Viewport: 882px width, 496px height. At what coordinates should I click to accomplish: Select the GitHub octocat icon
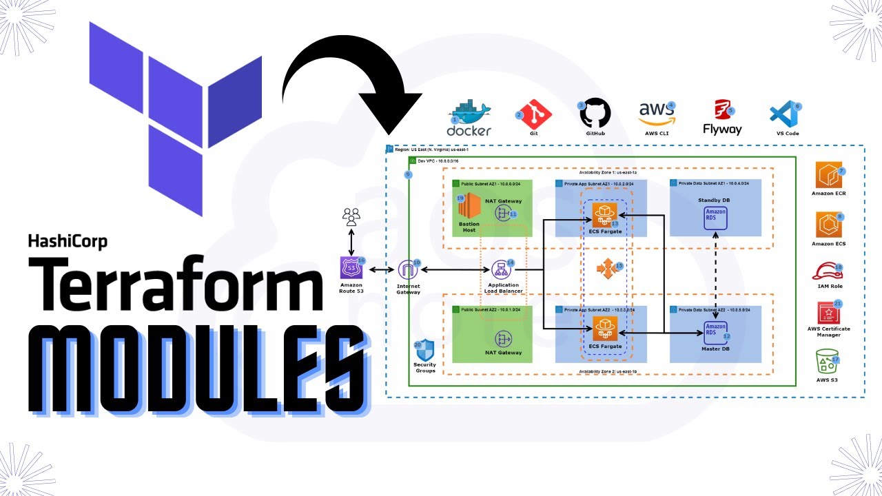tap(595, 112)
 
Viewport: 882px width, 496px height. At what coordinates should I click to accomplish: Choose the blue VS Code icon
tap(783, 114)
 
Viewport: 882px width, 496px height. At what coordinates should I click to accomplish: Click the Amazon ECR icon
tap(829, 176)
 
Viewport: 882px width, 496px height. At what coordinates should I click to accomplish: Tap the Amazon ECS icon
tap(829, 225)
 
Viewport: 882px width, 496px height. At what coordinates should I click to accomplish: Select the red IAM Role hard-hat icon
tap(828, 271)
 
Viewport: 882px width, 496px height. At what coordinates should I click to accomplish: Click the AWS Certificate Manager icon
tap(829, 313)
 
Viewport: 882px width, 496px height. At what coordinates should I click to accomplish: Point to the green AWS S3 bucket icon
tap(828, 362)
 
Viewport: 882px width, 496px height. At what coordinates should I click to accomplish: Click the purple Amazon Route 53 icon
tap(351, 268)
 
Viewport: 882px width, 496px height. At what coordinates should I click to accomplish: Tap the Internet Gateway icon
tap(408, 270)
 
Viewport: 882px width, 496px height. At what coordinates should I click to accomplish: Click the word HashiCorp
tap(68, 241)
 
